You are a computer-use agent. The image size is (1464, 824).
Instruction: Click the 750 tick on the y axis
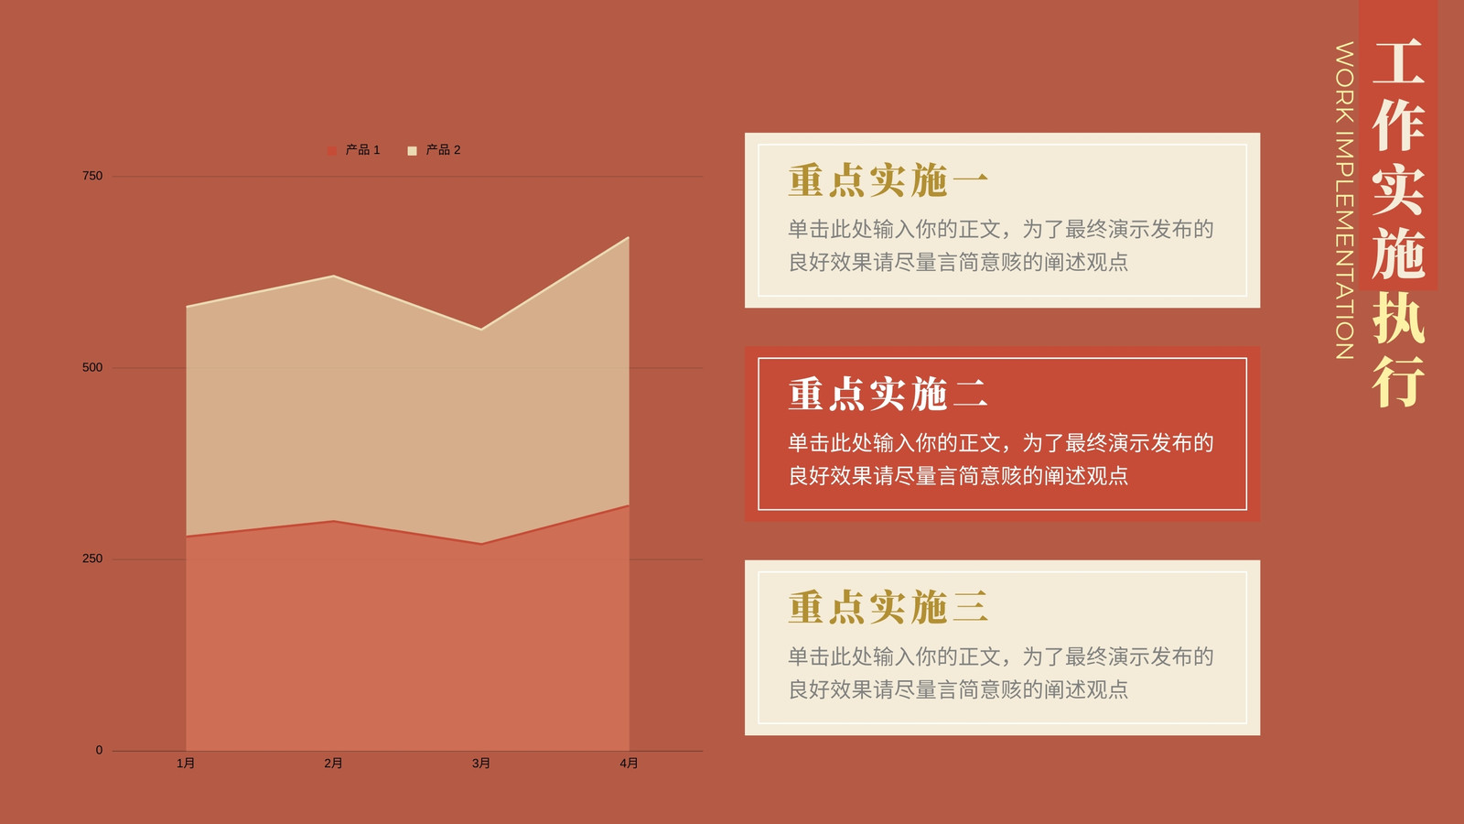92,176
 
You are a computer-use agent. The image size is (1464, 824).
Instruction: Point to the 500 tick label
92,367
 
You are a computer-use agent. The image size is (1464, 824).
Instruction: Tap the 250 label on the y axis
92,558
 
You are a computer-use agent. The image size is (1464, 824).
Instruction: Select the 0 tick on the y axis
100,750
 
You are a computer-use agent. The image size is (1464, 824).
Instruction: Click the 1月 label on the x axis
186,764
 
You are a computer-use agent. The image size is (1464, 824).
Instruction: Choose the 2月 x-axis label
333,764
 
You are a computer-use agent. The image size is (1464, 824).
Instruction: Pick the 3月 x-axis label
481,764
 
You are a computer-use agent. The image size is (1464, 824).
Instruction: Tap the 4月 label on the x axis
629,764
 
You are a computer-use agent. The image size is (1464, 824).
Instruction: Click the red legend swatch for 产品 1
332,151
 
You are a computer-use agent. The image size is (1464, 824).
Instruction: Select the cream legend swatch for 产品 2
412,151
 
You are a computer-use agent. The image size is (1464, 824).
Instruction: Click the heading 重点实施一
888,180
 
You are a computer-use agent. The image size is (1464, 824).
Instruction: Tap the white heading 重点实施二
888,394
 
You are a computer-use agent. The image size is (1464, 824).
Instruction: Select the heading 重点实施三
888,607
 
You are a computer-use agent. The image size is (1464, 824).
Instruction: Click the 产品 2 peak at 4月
629,237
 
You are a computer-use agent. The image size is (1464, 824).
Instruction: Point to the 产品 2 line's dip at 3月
481,329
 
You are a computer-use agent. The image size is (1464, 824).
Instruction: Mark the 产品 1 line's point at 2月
333,521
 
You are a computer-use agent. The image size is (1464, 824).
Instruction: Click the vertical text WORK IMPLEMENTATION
1344,201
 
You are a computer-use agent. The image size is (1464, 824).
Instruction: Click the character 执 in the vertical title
1398,318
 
